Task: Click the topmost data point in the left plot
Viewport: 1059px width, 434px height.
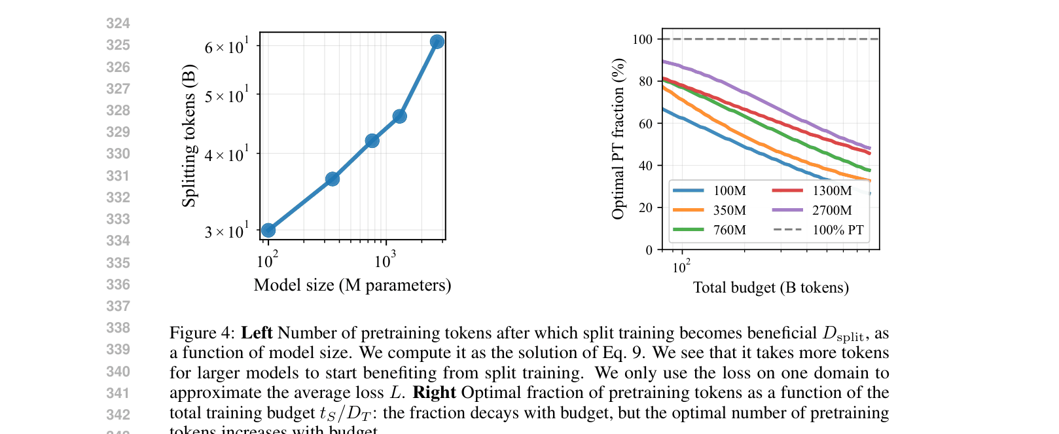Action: click(437, 42)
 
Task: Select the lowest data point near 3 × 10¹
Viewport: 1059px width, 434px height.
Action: click(268, 230)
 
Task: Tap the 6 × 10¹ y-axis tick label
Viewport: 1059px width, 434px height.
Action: click(226, 47)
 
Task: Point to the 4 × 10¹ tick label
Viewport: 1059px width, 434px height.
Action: click(226, 156)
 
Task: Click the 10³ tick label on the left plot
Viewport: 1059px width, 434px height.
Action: click(385, 261)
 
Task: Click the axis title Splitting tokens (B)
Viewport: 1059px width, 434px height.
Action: click(189, 136)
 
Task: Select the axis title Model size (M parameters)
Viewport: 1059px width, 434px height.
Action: click(352, 285)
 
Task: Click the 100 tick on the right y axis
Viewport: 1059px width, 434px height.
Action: click(642, 39)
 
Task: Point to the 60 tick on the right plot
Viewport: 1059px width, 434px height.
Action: click(645, 124)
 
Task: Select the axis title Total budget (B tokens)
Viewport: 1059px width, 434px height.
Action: click(770, 288)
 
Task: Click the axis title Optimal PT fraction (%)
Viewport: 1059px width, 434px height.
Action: click(618, 139)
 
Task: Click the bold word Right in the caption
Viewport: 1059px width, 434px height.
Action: click(434, 392)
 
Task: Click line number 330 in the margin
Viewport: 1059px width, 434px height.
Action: click(118, 154)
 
